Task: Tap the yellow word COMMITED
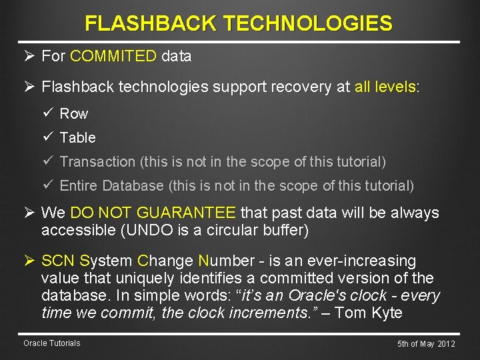(113, 57)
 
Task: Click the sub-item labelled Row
(73, 114)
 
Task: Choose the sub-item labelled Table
(77, 138)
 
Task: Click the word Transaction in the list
(97, 162)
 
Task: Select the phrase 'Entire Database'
(111, 186)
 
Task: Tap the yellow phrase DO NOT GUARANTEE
(153, 213)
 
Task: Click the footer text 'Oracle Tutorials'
(51, 343)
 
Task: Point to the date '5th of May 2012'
(426, 344)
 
